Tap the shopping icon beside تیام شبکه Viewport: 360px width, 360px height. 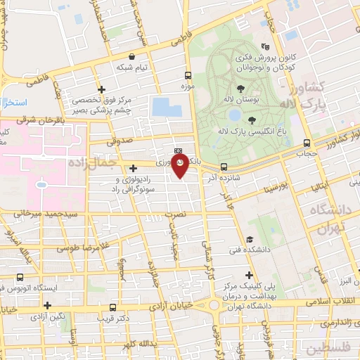[132, 56]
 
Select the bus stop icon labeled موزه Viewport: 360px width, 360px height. [188, 75]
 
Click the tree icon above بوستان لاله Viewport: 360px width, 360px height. [241, 89]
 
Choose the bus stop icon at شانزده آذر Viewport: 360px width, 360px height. [224, 167]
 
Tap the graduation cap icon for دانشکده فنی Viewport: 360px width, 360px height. [250, 239]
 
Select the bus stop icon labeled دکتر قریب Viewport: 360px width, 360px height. [113, 307]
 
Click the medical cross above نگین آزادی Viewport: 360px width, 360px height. [47, 305]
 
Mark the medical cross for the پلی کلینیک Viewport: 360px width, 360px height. [247, 274]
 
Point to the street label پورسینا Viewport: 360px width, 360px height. [273, 188]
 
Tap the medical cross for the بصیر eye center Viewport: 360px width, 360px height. [102, 89]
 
